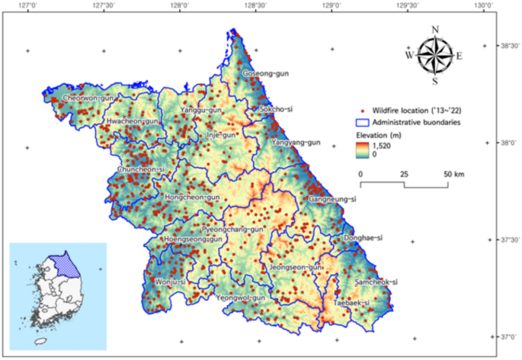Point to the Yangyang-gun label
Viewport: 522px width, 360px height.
296,142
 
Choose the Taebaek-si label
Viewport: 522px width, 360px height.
350,303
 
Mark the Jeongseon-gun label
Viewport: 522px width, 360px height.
295,268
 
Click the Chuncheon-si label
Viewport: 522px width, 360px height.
141,169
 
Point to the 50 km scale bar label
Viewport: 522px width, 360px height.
453,174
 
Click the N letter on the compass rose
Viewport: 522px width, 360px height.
434,30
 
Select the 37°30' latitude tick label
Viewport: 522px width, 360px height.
509,239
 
